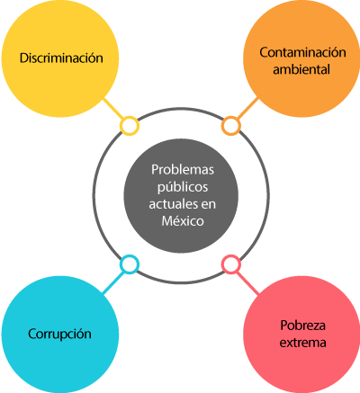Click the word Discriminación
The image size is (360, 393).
click(x=61, y=58)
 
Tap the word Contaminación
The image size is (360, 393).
click(x=302, y=52)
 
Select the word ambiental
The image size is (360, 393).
click(x=301, y=69)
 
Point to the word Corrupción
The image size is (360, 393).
click(x=59, y=335)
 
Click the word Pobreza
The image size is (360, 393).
click(x=302, y=326)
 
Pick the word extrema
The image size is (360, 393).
click(x=302, y=343)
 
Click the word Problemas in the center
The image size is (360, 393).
click(x=183, y=170)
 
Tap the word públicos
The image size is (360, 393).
click(x=183, y=187)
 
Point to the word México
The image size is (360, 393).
click(x=183, y=221)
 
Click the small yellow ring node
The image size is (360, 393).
click(x=130, y=126)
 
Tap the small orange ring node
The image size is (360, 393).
click(x=231, y=126)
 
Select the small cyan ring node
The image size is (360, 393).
click(x=130, y=264)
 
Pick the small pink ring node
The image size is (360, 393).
click(x=231, y=264)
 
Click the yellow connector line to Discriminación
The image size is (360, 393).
click(x=113, y=108)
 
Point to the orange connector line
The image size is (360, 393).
click(x=247, y=108)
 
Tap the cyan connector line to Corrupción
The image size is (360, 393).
click(x=113, y=282)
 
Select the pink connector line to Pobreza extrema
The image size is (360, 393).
click(x=247, y=282)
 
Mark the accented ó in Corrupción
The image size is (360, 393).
click(x=80, y=334)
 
